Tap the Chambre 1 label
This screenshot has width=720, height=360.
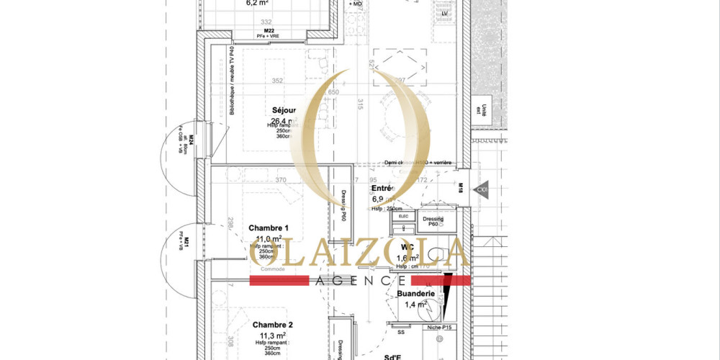tap(269, 227)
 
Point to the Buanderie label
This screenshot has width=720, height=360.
tap(415, 294)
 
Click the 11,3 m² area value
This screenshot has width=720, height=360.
tap(268, 335)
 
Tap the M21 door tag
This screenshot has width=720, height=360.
tap(186, 244)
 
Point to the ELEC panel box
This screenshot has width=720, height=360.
tap(403, 216)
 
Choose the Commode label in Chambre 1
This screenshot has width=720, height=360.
tap(272, 269)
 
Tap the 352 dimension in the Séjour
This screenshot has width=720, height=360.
tap(278, 81)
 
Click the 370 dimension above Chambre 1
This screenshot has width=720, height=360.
tap(281, 180)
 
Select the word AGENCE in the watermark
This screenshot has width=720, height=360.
tap(360, 280)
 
